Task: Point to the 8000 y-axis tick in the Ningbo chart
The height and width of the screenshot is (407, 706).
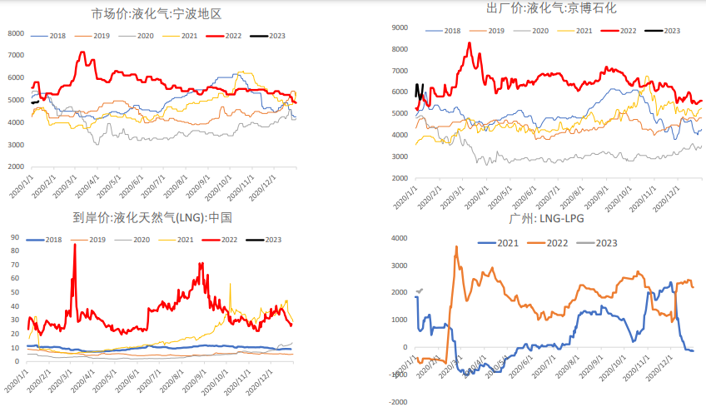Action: (x=16, y=33)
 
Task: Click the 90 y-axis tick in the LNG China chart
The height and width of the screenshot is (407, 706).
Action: (x=15, y=238)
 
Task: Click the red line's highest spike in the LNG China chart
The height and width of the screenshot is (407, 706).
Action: (x=74, y=245)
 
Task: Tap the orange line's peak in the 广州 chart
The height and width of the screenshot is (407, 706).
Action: (x=456, y=246)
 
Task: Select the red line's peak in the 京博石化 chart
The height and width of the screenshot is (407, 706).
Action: (x=469, y=43)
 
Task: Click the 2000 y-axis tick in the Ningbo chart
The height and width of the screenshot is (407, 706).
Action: (x=16, y=167)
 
